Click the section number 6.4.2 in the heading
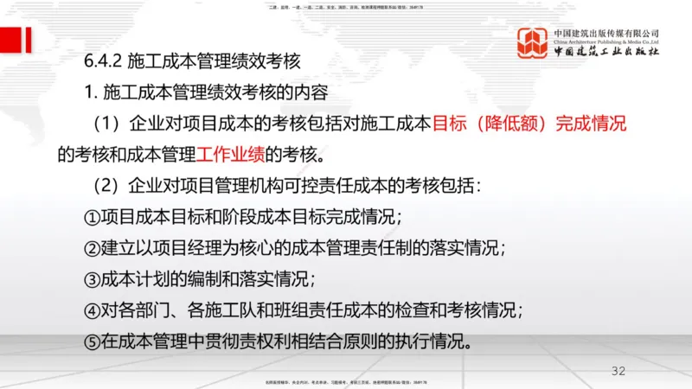[x=103, y=61]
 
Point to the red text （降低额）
[x=510, y=124]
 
